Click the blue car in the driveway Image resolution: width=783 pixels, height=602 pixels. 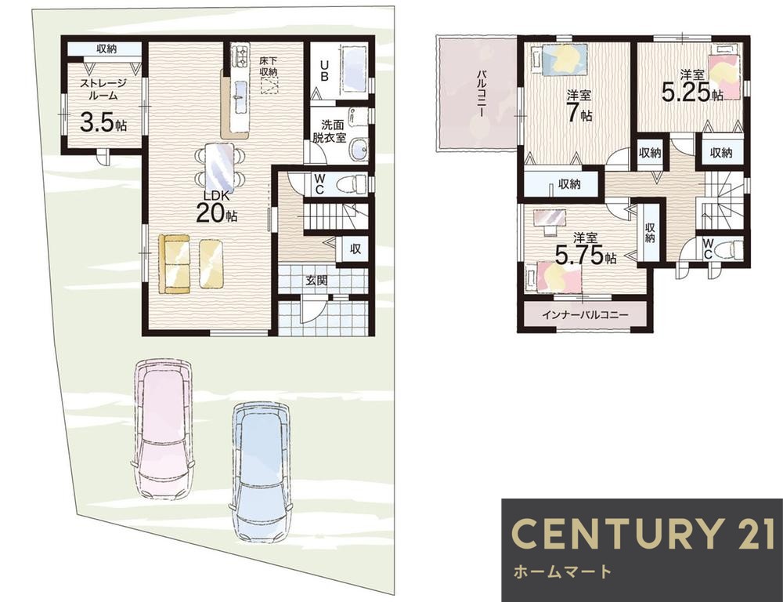[x=262, y=473]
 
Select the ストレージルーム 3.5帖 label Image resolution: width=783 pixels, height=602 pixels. [x=103, y=106]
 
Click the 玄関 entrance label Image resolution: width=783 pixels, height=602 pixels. [x=316, y=281]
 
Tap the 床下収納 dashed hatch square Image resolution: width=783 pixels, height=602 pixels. [x=269, y=85]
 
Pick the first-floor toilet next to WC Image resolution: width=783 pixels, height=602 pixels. [x=352, y=184]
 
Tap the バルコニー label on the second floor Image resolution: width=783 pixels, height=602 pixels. [x=482, y=93]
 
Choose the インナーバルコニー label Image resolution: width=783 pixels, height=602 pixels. [x=585, y=315]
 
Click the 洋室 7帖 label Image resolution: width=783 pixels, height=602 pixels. [x=579, y=106]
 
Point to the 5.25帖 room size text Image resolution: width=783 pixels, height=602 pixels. [x=692, y=93]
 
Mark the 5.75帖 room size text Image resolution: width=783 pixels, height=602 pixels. [x=586, y=256]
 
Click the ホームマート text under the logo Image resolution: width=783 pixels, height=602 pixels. [x=562, y=571]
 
